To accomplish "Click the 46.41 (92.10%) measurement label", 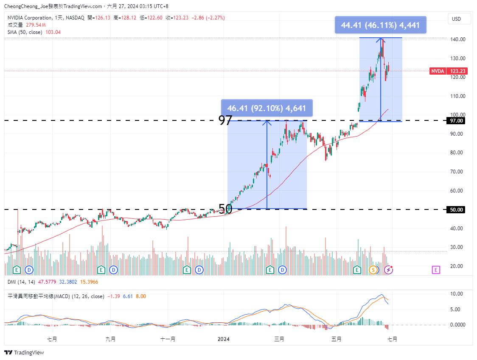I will click(x=267, y=108).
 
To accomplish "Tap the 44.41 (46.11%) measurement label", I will click(x=380, y=25).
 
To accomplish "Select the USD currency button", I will click(x=457, y=19).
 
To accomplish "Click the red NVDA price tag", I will click(x=438, y=71).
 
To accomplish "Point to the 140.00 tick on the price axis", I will click(x=458, y=39).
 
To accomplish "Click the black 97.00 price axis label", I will click(x=457, y=121).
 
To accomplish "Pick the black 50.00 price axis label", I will click(x=457, y=209).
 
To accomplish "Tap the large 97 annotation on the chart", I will click(x=225, y=120).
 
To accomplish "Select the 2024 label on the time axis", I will click(x=223, y=339).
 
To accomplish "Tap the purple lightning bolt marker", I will click(x=388, y=270).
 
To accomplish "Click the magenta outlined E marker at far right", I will click(x=436, y=270).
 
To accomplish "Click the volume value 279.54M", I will click(x=36, y=25).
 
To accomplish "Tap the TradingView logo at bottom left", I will click(x=24, y=352).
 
